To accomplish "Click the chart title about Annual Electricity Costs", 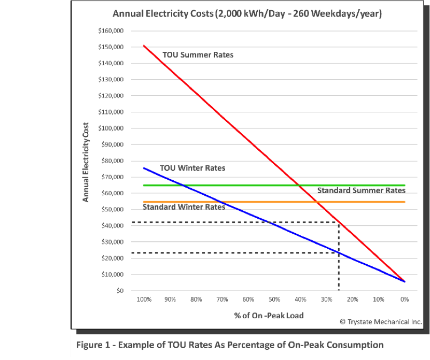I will [247, 14].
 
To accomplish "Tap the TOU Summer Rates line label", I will [198, 55].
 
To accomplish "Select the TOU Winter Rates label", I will [193, 168].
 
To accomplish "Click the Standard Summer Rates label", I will [361, 190].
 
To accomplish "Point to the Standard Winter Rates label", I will [184, 207].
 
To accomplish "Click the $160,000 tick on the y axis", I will [111, 31].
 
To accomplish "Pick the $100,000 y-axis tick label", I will [111, 128].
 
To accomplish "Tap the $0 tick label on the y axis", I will [120, 291].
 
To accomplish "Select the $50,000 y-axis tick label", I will [113, 210].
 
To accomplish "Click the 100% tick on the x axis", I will [144, 300].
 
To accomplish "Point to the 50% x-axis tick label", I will [274, 300].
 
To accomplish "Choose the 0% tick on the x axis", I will [405, 300].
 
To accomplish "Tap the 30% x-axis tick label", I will [326, 300].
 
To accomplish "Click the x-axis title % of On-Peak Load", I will [268, 315].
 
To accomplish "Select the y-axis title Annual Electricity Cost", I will [85, 160].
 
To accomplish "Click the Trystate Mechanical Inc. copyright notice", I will [381, 321].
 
